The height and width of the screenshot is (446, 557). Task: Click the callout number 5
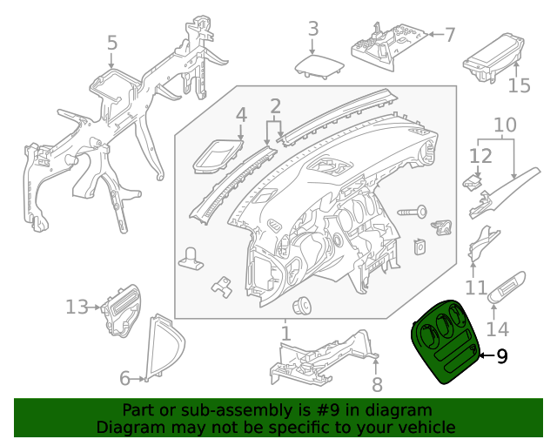[111, 42]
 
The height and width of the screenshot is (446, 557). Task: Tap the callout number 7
[449, 36]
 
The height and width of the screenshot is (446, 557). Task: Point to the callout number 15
[519, 85]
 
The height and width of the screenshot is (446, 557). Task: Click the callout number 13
[77, 307]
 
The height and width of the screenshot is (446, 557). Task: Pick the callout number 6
[124, 378]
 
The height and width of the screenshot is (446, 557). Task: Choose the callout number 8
[377, 385]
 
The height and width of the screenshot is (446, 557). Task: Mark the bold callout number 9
[501, 355]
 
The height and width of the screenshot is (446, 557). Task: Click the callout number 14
[497, 329]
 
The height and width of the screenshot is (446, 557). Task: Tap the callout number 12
[480, 156]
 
